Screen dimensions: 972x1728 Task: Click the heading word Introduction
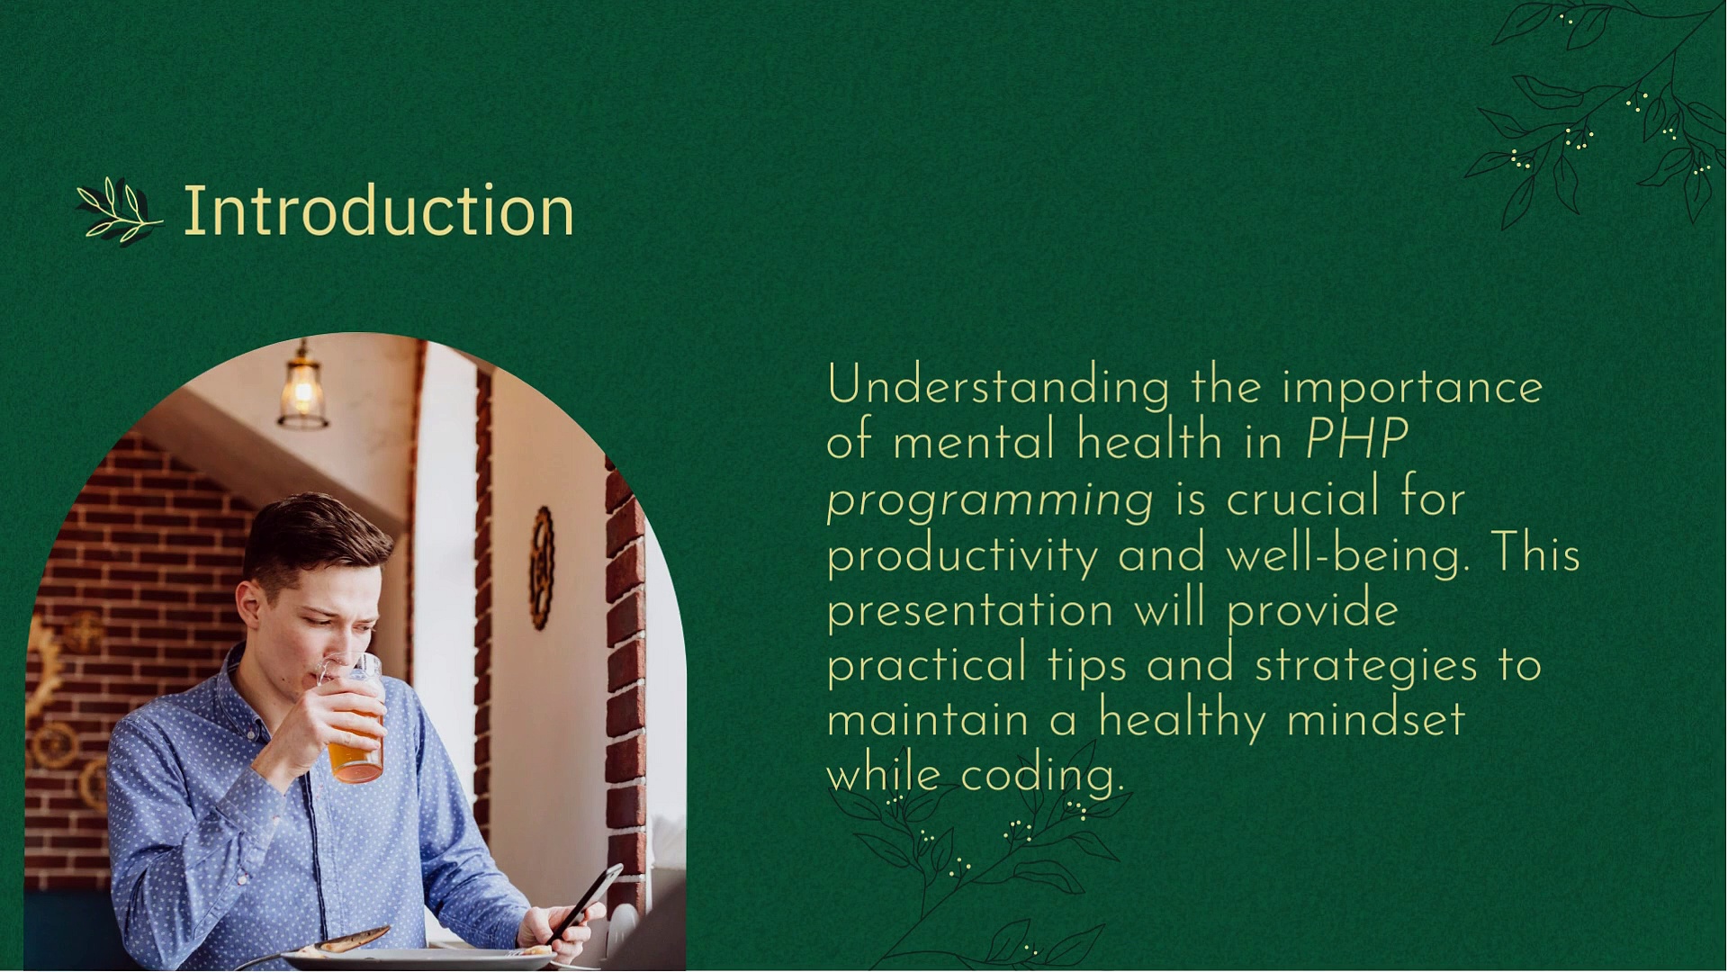click(x=378, y=211)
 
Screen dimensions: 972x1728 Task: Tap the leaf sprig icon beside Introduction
click(x=119, y=212)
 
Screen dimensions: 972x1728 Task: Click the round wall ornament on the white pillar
click(x=541, y=567)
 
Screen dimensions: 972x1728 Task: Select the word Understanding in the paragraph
click(x=998, y=387)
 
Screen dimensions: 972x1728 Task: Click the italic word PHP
click(x=1356, y=441)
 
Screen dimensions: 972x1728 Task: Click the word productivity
click(x=962, y=554)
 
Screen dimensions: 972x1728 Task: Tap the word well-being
click(x=1347, y=554)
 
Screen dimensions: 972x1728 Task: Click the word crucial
click(x=1302, y=499)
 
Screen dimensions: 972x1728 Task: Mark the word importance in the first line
click(x=1412, y=387)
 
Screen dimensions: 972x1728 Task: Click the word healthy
click(x=1181, y=721)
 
